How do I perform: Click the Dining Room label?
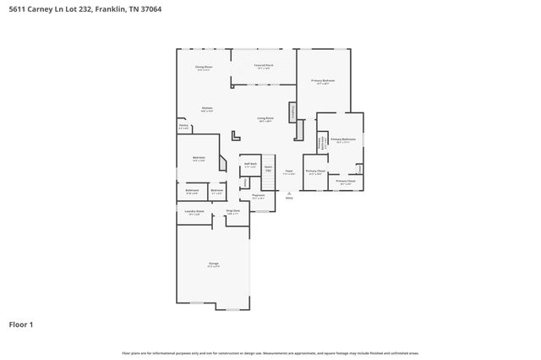click(204, 67)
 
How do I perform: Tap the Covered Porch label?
click(263, 66)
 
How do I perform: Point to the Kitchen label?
click(206, 108)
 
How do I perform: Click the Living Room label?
click(265, 119)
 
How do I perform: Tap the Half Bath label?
click(249, 165)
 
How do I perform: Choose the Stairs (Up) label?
click(268, 168)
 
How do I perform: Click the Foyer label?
click(288, 172)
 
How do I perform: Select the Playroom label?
click(258, 196)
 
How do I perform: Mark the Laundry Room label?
click(194, 212)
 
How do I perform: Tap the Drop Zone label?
click(232, 211)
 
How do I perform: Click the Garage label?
click(213, 265)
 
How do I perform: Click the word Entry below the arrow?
click(289, 198)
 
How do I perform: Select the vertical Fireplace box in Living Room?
click(292, 111)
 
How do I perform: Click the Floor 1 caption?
click(21, 324)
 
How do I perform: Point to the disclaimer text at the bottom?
click(270, 352)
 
